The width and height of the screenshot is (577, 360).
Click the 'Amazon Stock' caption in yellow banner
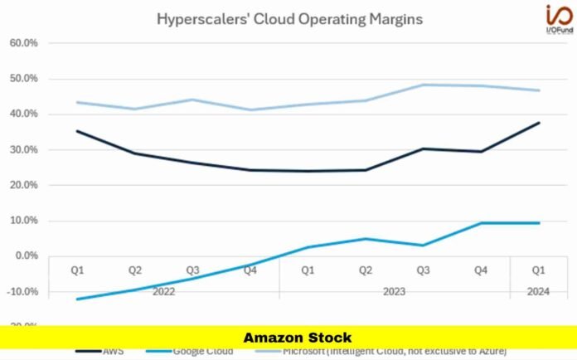pos(297,338)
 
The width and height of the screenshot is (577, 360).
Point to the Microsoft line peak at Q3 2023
pos(424,85)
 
